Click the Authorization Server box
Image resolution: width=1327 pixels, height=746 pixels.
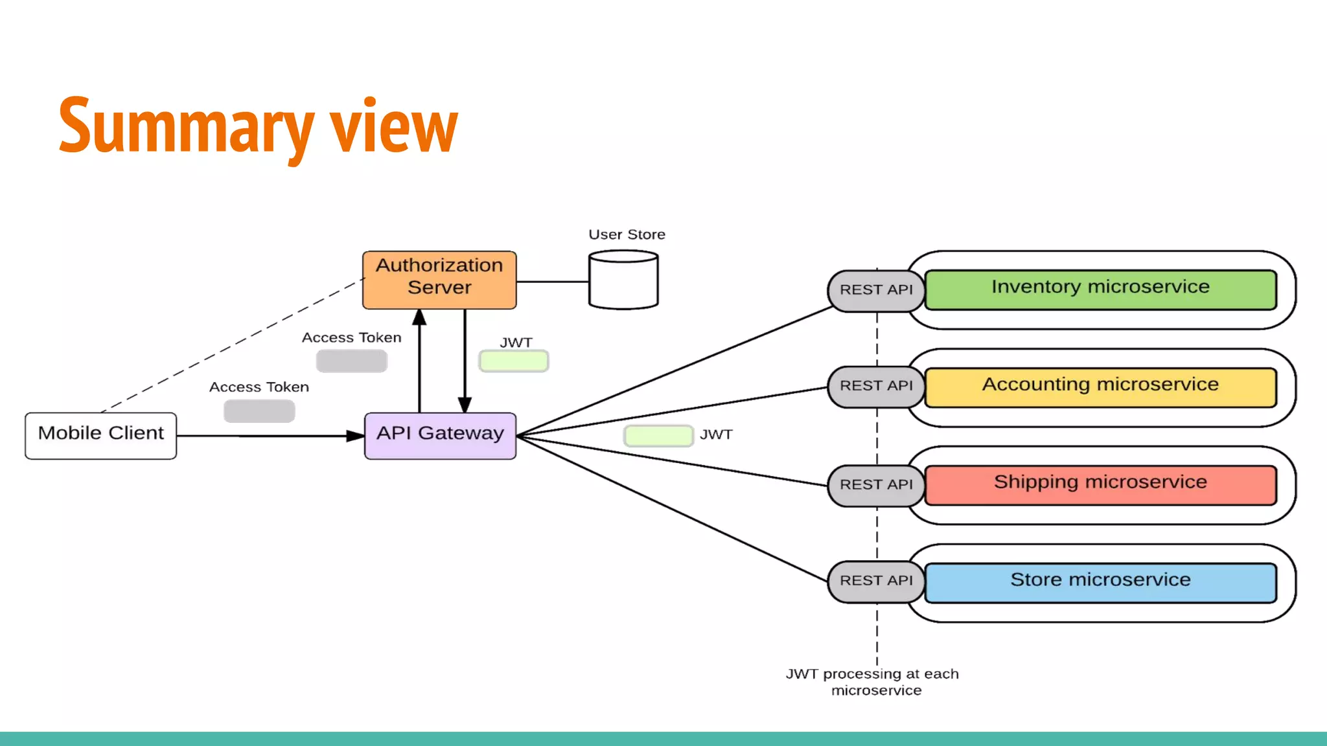[x=439, y=280]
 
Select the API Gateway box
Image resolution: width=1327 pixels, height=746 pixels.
[x=440, y=436]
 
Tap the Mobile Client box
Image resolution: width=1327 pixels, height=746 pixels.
[x=100, y=436]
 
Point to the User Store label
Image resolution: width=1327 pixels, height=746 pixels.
[x=627, y=234]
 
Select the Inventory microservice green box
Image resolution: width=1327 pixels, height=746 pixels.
[x=1100, y=289]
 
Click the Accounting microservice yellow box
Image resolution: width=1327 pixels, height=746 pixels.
[x=1100, y=387]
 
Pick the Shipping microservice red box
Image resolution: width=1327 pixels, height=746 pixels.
[x=1100, y=485]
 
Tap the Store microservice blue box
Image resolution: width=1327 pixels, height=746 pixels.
[x=1100, y=582]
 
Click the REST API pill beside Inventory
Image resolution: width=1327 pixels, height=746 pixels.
[x=875, y=290]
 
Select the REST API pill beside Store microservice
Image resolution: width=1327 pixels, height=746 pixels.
[x=875, y=581]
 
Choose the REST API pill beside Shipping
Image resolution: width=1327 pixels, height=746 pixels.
[x=875, y=484]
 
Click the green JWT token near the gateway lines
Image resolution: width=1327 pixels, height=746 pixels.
[x=658, y=436]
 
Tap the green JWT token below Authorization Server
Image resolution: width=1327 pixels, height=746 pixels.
[x=514, y=361]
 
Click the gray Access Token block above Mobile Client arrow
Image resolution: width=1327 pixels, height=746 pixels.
[x=259, y=411]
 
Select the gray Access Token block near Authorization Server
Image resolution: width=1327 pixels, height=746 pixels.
[x=351, y=361]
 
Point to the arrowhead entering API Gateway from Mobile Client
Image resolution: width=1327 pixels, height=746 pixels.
[x=355, y=436]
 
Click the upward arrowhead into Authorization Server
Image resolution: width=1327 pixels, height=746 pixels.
[x=419, y=317]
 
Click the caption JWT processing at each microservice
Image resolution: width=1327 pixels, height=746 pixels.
[x=872, y=682]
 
